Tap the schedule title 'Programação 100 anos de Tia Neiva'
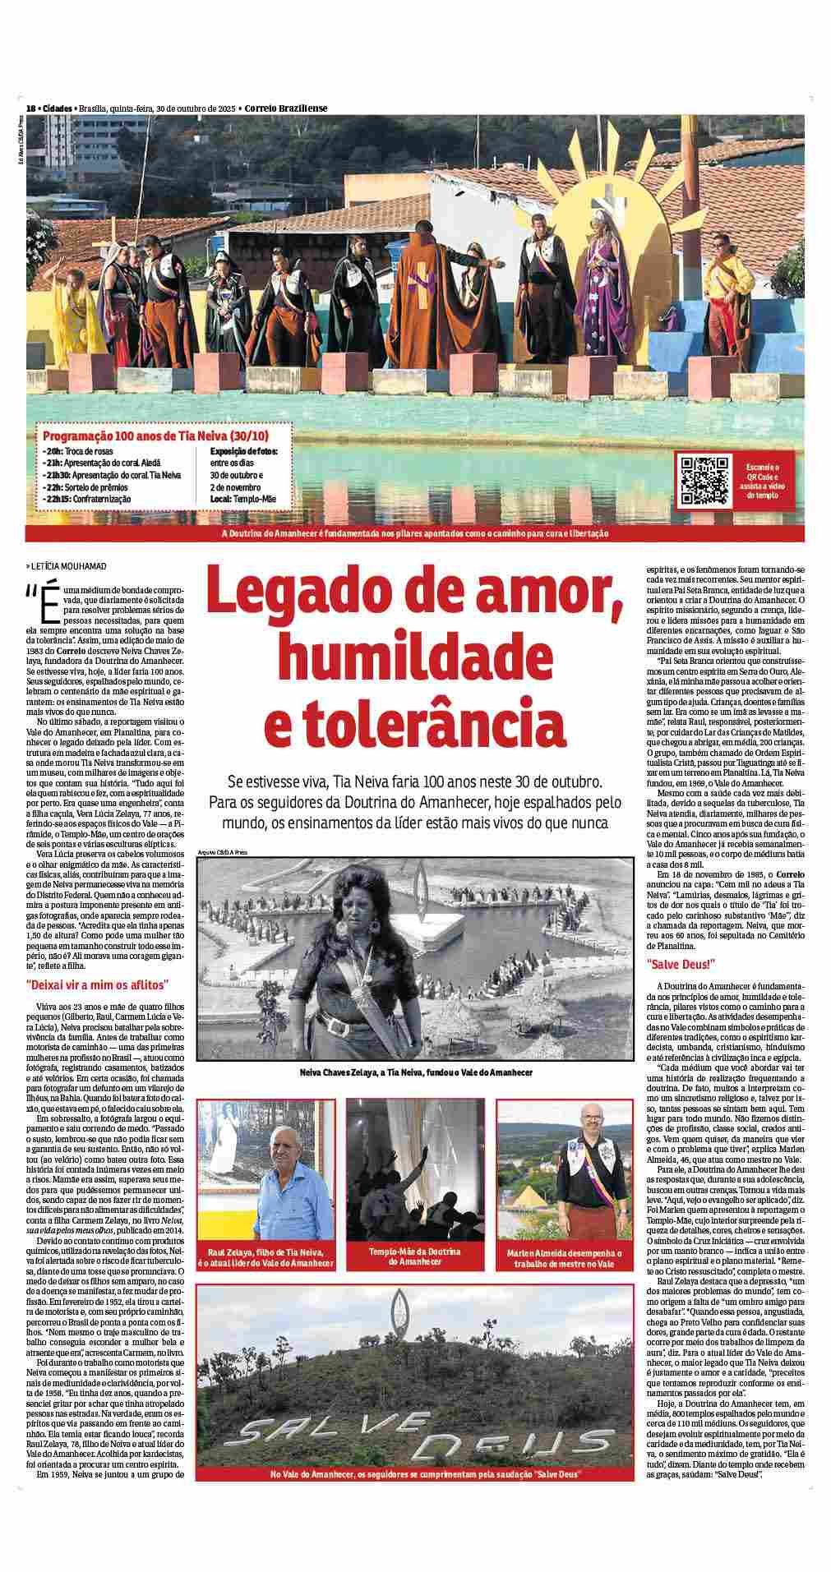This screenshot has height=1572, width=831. pyautogui.click(x=155, y=436)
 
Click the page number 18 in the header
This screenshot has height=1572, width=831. pyautogui.click(x=31, y=108)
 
